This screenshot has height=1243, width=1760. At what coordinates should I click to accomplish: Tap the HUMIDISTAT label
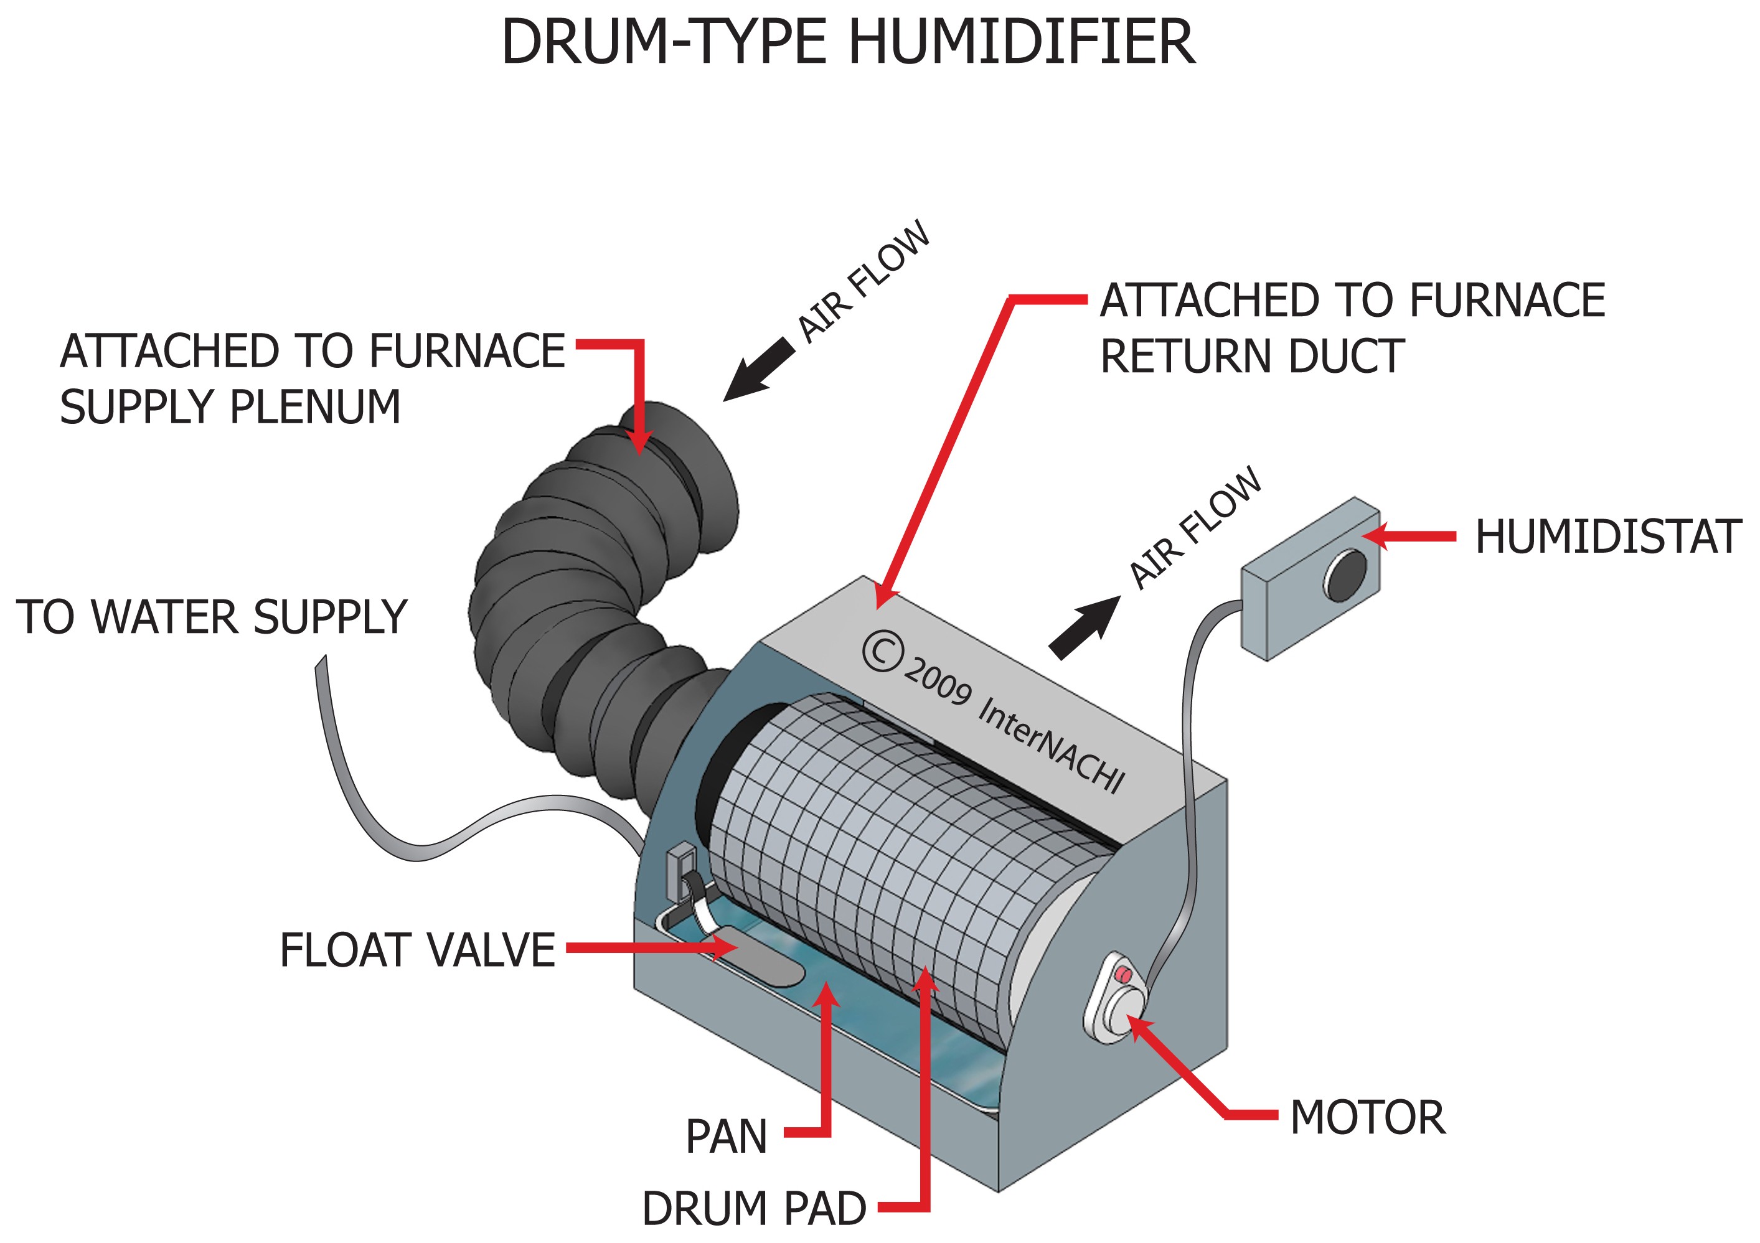(x=1608, y=537)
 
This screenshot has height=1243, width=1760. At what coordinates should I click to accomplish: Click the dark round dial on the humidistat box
(x=1346, y=575)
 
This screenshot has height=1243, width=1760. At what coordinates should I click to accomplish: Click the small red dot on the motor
(x=1123, y=974)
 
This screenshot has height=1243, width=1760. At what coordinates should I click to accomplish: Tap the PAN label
(x=726, y=1137)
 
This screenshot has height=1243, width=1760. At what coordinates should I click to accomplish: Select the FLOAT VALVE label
(x=417, y=950)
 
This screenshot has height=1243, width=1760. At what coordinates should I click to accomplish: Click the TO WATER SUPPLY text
(x=212, y=617)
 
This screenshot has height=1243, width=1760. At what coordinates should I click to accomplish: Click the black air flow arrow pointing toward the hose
(x=759, y=369)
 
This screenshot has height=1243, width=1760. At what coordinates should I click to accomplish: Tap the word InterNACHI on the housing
(x=1050, y=743)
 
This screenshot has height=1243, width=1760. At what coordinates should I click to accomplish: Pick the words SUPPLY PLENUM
(x=230, y=407)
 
